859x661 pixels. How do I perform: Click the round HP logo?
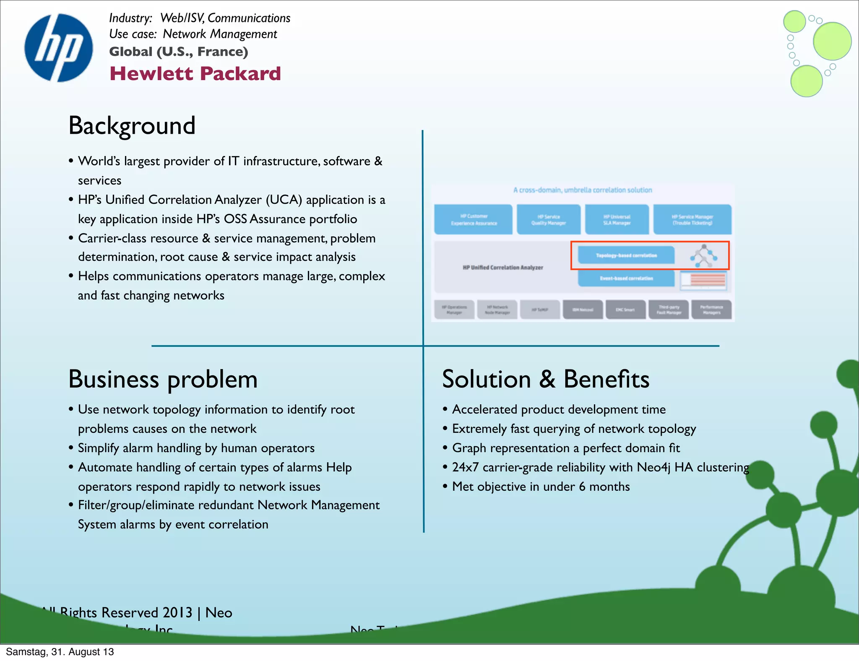(59, 48)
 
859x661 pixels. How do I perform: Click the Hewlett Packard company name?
(195, 74)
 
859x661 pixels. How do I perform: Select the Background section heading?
(132, 125)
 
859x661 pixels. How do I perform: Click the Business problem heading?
(163, 379)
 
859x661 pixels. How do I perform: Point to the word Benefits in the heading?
(606, 379)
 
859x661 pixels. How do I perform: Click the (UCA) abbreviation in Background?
(284, 200)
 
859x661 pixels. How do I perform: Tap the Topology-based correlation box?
(626, 255)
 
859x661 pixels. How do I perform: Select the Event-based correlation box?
(626, 278)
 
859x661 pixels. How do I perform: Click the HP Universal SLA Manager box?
(617, 219)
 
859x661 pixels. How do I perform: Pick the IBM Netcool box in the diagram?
(583, 310)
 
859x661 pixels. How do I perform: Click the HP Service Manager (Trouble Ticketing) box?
(692, 219)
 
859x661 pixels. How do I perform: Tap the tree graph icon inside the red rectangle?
(704, 255)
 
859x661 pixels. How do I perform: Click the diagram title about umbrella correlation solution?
(583, 190)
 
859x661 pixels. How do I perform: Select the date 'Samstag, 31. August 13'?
(60, 652)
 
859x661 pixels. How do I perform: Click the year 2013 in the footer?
(177, 613)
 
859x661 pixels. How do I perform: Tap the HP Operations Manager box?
(454, 310)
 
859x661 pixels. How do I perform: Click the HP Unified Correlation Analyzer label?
(502, 267)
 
